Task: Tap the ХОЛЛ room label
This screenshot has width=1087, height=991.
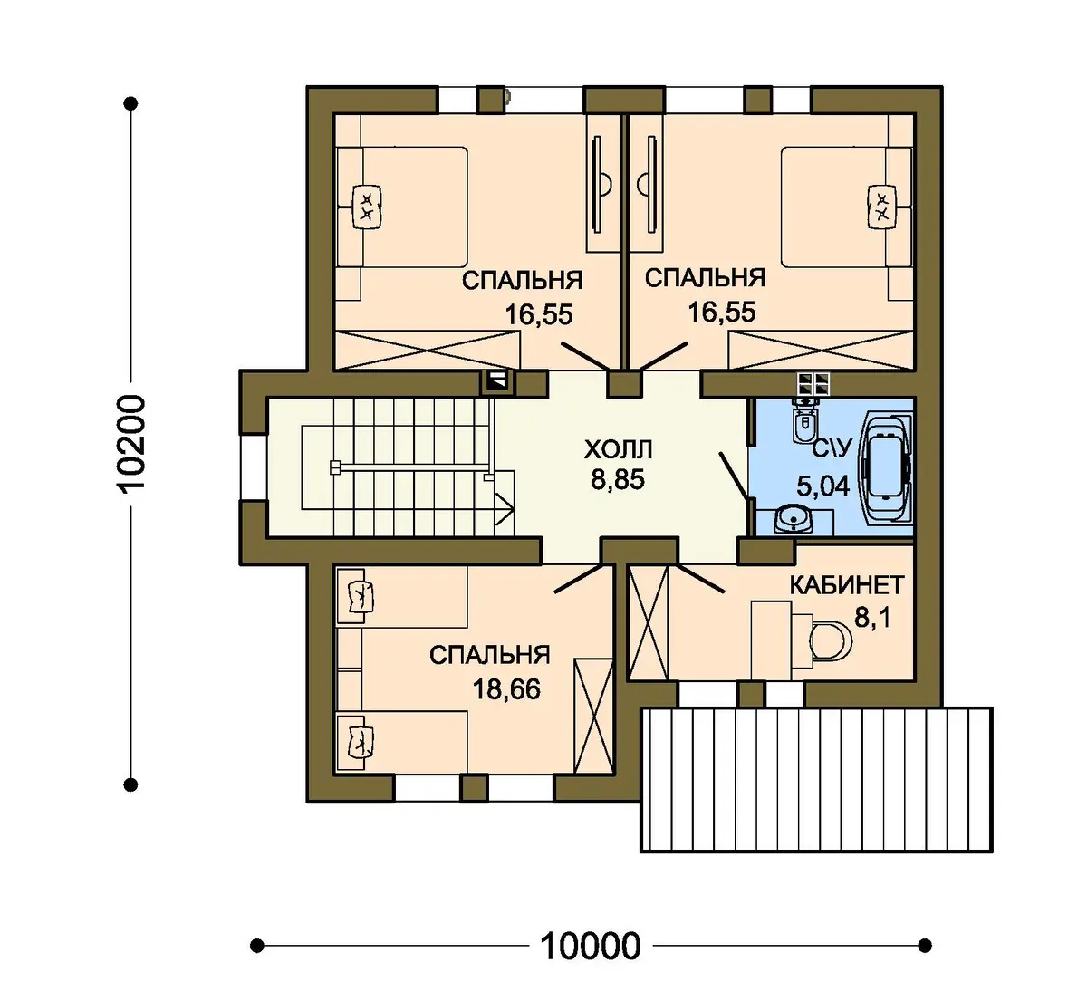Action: point(619,450)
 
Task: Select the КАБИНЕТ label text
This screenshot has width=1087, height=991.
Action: point(847,585)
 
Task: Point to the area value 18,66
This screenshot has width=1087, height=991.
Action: point(506,689)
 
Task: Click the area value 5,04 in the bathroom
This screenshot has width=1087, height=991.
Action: point(823,486)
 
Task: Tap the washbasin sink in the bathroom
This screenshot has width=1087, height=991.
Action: point(794,520)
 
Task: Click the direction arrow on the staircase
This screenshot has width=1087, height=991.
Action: point(505,508)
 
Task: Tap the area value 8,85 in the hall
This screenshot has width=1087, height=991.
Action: point(618,480)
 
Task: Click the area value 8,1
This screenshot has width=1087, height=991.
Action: point(872,617)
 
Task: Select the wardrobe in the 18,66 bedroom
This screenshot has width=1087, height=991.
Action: point(593,716)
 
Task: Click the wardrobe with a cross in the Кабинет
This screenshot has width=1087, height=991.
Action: point(648,621)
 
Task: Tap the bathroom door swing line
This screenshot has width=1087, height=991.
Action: point(735,476)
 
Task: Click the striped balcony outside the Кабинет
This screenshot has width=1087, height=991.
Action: point(816,780)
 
